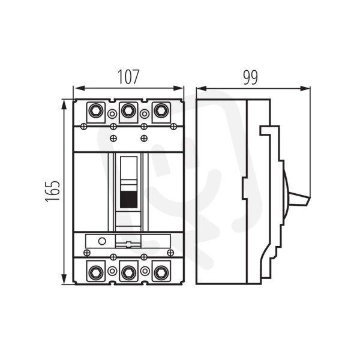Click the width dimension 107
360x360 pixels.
pos(128,77)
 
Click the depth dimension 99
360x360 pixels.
pos(250,77)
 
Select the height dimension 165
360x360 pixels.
pos(53,191)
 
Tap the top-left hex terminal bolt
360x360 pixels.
pos(96,110)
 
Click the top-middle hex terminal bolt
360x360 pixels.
pos(128,110)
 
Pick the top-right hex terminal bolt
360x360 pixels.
pos(161,110)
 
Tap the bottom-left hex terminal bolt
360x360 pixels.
pos(96,272)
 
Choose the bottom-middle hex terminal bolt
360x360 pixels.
pos(128,272)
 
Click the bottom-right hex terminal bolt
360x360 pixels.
pos(161,272)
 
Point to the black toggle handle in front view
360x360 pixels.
pos(129,200)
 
